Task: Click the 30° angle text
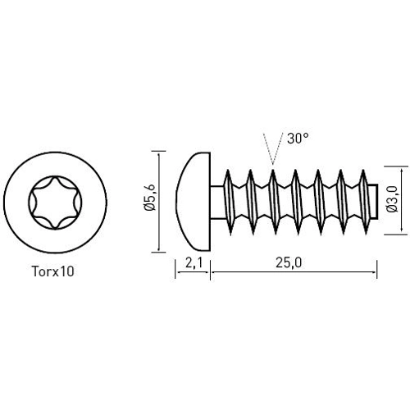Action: pos(298,139)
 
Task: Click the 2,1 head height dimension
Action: pos(194,263)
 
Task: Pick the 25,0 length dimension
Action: pos(292,263)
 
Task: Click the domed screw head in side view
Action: pos(194,200)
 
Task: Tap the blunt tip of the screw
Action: pos(373,200)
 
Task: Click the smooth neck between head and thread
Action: pos(216,200)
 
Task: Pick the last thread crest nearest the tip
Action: pos(362,174)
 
